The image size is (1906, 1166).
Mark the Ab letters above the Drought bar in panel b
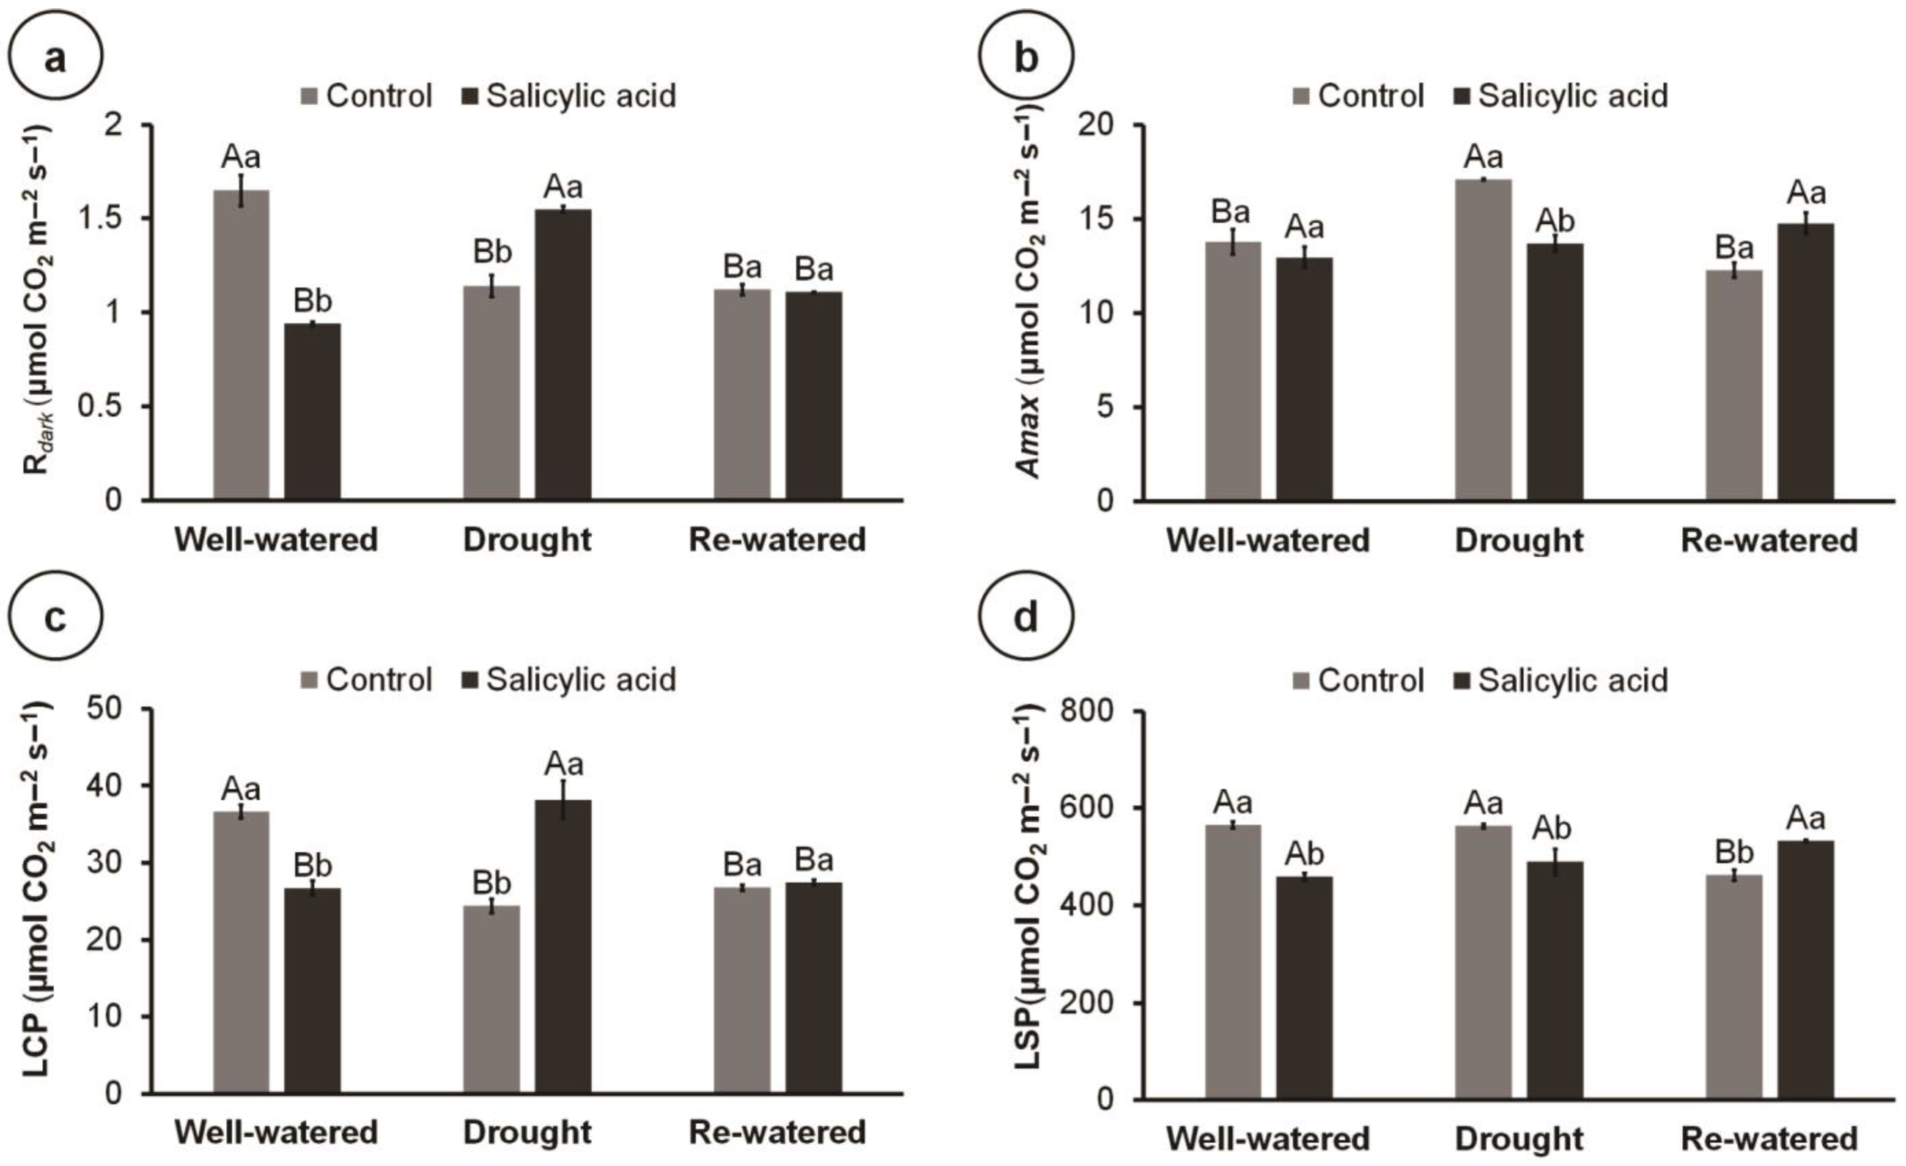click(x=1555, y=221)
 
